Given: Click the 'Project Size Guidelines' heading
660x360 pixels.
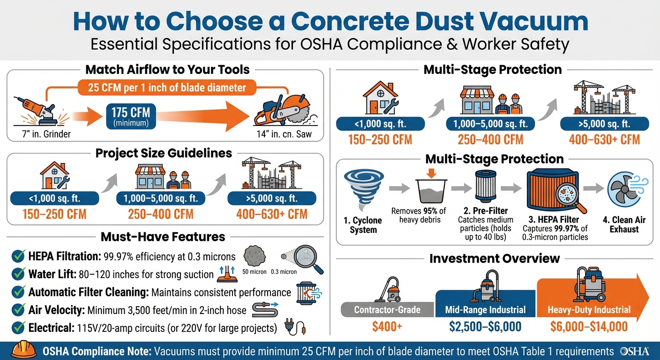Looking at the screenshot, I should click(x=164, y=153).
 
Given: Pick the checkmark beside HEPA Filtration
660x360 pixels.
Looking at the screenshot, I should click(x=18, y=256).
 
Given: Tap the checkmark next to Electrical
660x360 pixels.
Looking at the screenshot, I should click(x=18, y=327).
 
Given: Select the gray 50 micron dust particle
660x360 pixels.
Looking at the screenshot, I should click(x=255, y=257).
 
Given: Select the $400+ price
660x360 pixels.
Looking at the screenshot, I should click(x=387, y=327).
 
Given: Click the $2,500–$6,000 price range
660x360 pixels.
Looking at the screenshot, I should click(x=485, y=327).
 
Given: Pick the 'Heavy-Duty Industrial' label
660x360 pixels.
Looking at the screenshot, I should click(x=589, y=310).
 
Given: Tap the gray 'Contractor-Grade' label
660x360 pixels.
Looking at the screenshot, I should click(x=387, y=310).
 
